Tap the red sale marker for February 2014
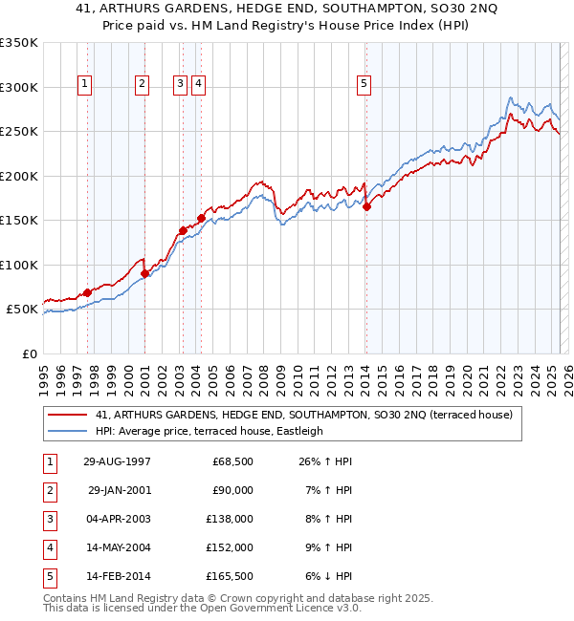pos(366,206)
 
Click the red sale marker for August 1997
pos(87,292)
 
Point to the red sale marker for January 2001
pos(144,273)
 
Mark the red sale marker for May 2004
pos(201,218)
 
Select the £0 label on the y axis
pos(31,353)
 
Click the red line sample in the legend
pos(69,415)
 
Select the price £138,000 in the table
pos(231,519)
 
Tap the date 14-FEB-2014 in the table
pos(117,576)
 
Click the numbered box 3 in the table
pos(47,519)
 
